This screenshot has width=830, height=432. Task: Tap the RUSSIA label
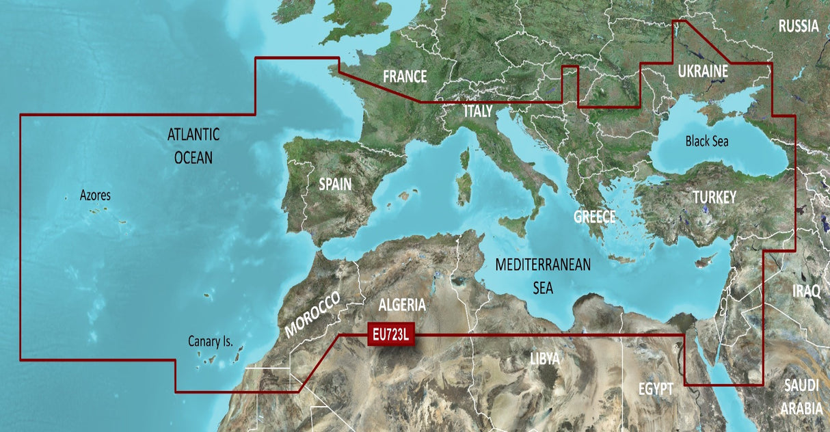click(x=798, y=27)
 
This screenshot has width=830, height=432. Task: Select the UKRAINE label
click(x=702, y=72)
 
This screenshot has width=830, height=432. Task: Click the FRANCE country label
click(x=405, y=76)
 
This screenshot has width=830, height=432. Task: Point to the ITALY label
click(x=478, y=111)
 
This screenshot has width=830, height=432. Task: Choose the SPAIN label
click(x=335, y=184)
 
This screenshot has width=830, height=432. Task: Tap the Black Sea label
click(x=707, y=141)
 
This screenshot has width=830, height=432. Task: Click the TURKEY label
click(x=714, y=198)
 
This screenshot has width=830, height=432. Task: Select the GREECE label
click(x=594, y=217)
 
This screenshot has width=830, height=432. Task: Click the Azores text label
click(x=95, y=195)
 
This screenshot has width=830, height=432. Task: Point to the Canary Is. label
click(x=210, y=340)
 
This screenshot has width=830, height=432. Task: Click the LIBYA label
click(x=545, y=358)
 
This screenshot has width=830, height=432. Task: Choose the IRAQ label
click(x=806, y=291)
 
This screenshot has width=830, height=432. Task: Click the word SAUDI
click(x=802, y=385)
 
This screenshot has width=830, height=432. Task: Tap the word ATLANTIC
click(x=193, y=135)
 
